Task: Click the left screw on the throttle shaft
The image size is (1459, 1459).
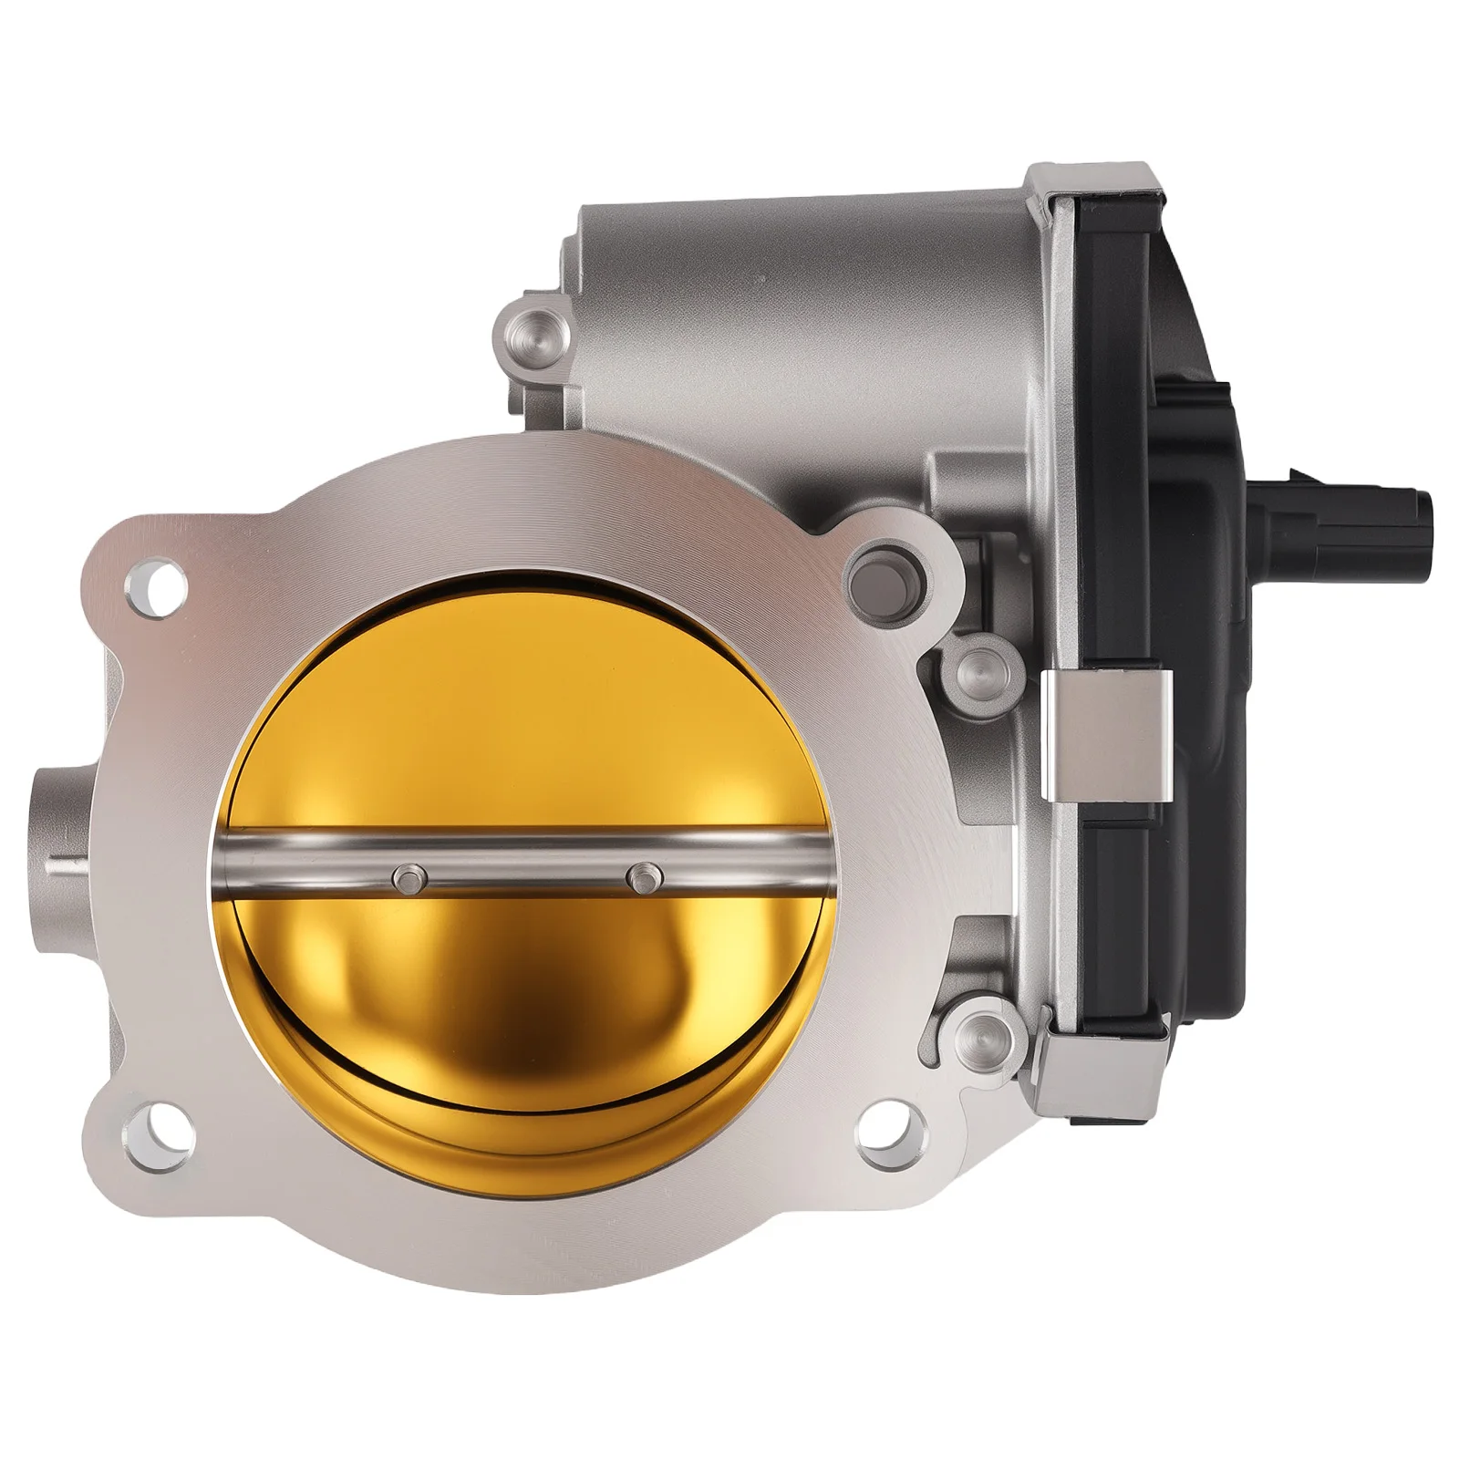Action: pyautogui.click(x=406, y=877)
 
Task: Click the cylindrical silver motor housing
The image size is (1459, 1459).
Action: pyautogui.click(x=802, y=274)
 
